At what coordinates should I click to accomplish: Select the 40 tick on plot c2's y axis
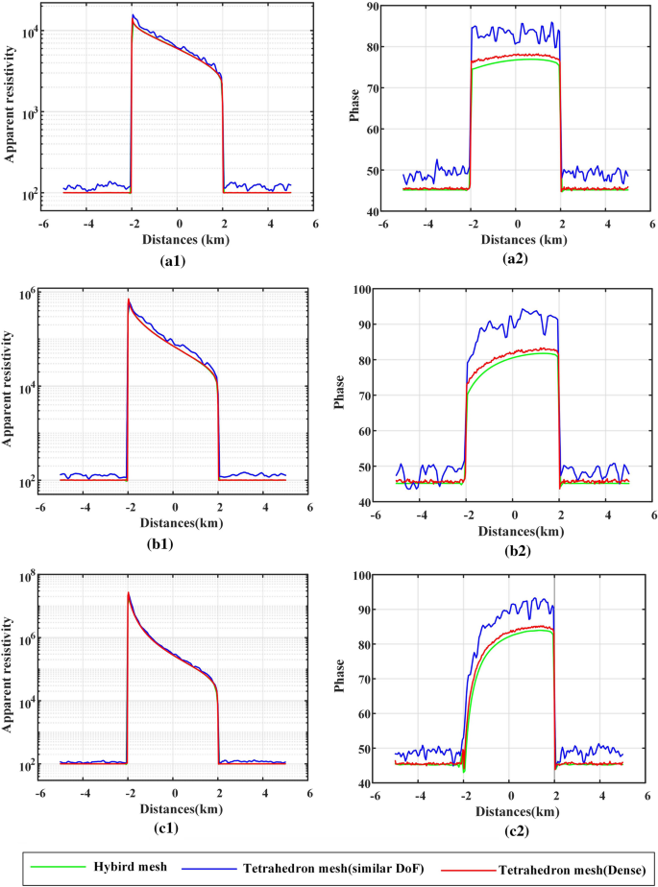pyautogui.click(x=365, y=784)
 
